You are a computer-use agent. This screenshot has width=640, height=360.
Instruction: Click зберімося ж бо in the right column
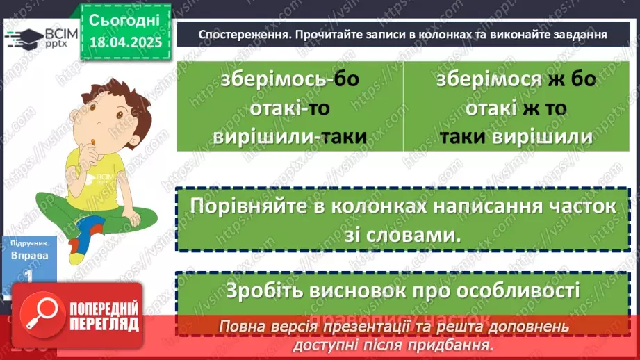click(516, 80)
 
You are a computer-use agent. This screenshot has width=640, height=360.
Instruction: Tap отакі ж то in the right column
click(516, 108)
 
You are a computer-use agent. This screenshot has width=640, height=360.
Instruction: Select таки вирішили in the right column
click(516, 136)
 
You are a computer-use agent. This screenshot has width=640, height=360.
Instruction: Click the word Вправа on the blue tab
click(30, 256)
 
